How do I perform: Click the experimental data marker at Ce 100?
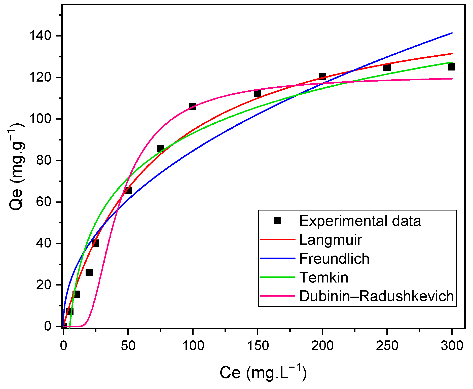[193, 107]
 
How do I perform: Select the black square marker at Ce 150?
[258, 94]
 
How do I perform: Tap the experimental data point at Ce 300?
[452, 67]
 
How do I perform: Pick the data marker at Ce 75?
[160, 149]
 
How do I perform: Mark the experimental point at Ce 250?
[387, 67]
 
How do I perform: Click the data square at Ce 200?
[322, 77]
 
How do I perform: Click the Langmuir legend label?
[331, 240]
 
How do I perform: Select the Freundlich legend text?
[334, 259]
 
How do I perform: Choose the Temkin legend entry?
[324, 277]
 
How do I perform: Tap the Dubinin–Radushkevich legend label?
[376, 296]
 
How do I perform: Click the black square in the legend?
[277, 221]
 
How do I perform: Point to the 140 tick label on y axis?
[40, 36]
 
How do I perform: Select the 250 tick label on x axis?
[387, 346]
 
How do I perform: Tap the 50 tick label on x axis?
[128, 346]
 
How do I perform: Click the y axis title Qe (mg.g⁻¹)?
[17, 166]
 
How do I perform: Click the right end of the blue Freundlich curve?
[452, 33]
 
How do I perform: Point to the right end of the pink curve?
[452, 79]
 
